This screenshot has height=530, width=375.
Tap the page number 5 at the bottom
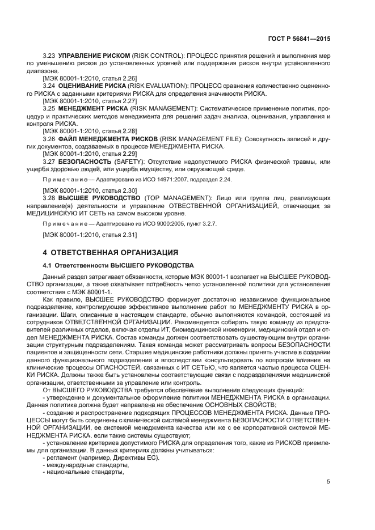[328, 482]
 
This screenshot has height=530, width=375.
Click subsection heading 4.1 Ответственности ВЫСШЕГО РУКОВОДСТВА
[119, 265]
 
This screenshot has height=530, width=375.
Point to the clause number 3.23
[50, 57]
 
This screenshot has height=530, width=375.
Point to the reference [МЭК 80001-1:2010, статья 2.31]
[82, 234]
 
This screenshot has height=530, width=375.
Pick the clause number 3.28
[50, 197]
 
